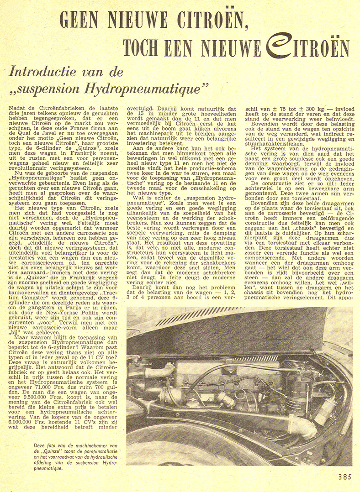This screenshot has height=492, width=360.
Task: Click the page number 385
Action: click(x=345, y=477)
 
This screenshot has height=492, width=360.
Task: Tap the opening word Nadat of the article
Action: click(x=18, y=108)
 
